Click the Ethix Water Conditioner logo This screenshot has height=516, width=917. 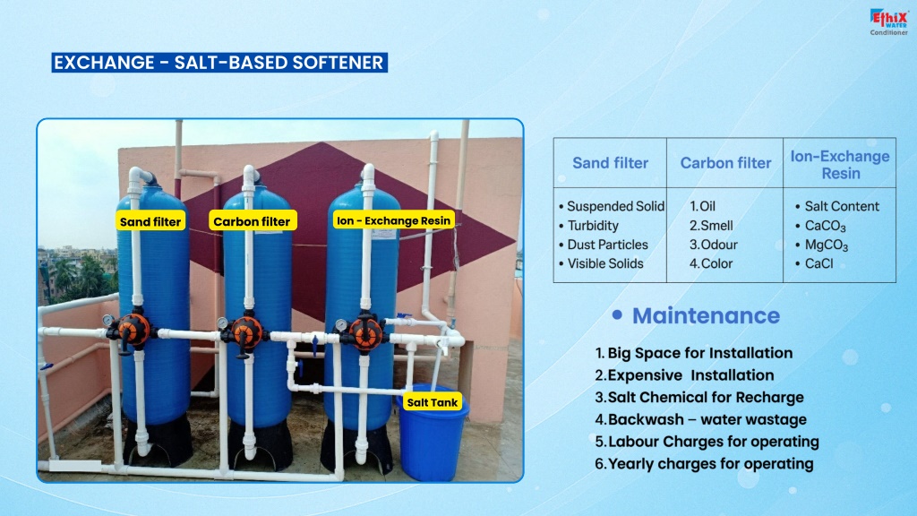click(888, 22)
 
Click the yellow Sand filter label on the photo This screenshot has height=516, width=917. click(150, 222)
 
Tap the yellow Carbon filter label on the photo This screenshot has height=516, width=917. click(252, 221)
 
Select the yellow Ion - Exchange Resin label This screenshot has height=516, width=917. click(394, 220)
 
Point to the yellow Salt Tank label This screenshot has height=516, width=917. click(433, 402)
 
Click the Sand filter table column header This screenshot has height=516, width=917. click(610, 163)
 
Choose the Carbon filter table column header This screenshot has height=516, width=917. click(725, 163)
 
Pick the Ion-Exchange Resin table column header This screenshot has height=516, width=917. click(840, 165)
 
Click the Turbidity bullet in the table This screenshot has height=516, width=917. click(588, 226)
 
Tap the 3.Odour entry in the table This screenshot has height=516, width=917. click(713, 245)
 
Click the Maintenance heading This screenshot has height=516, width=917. click(706, 316)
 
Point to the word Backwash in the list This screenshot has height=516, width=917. click(638, 419)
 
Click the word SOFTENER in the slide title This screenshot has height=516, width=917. click(338, 63)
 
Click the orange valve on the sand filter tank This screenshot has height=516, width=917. click(133, 331)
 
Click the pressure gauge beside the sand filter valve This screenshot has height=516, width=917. click(108, 321)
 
